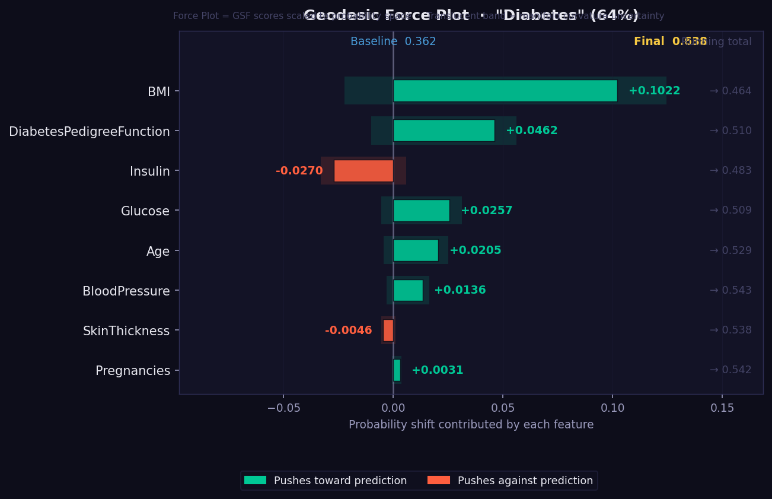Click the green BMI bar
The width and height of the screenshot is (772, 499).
505,91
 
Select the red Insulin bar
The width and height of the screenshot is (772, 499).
363,171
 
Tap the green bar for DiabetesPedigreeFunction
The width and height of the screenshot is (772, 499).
444,131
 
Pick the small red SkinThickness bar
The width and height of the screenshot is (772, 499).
388,330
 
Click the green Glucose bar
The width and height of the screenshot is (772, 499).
421,211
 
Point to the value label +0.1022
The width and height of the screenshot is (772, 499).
654,91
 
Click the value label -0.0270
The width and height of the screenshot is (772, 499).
299,171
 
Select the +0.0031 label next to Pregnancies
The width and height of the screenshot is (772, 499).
437,370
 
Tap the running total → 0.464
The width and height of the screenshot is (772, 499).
730,91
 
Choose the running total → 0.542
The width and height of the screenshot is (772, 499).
730,370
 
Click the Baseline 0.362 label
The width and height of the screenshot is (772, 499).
393,42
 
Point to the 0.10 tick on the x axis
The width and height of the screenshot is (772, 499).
613,408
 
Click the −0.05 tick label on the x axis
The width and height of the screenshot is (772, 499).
283,408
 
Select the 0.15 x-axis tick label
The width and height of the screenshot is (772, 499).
722,408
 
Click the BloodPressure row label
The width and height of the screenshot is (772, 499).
126,291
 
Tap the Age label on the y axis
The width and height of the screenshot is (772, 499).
158,251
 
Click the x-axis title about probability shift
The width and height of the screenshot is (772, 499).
471,425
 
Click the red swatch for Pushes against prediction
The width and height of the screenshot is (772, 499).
438,480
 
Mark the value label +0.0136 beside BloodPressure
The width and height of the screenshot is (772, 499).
460,290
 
